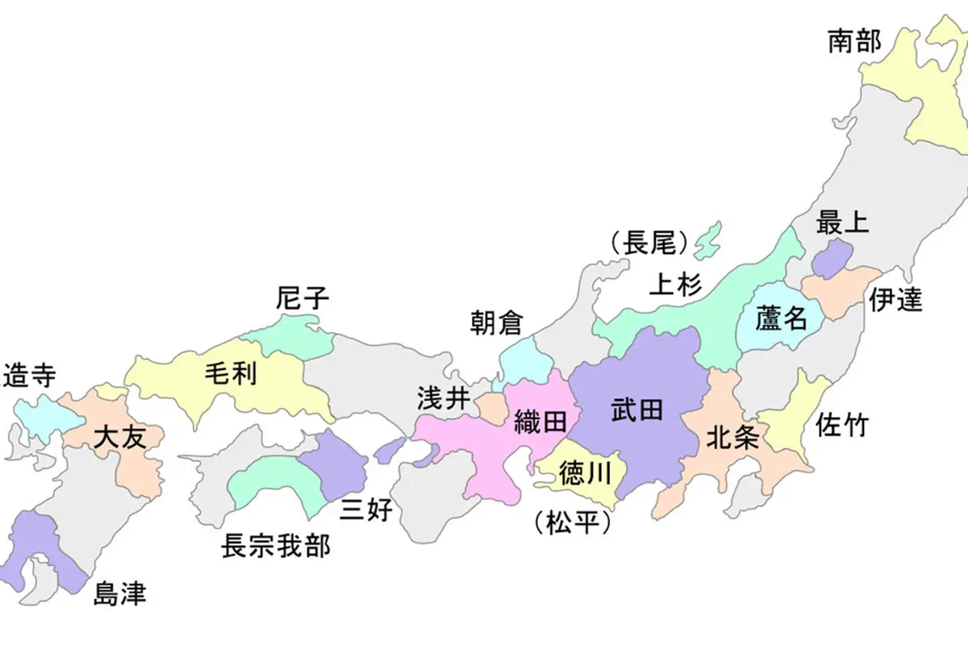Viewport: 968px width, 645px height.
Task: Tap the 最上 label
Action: click(842, 223)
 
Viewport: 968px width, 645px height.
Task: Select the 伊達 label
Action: click(895, 300)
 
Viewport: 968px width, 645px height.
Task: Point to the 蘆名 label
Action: click(781, 318)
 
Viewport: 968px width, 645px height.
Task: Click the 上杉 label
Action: click(676, 284)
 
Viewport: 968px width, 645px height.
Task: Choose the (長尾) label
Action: click(649, 242)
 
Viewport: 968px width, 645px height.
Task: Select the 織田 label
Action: click(537, 420)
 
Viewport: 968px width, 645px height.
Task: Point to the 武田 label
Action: click(636, 410)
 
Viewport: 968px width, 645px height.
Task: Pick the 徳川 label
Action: click(581, 474)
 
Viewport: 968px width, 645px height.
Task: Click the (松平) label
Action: click(571, 522)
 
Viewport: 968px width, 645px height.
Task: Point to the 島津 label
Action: click(119, 594)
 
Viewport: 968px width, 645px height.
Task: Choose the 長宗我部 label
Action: click(276, 546)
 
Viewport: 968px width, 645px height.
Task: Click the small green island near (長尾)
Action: click(707, 239)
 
